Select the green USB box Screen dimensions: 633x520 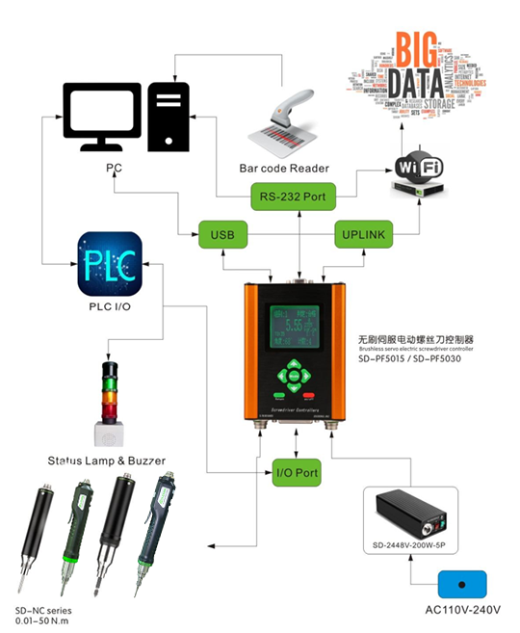tap(221, 234)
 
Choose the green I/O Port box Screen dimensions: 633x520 tap(296, 474)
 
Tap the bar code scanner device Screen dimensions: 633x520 tap(278, 121)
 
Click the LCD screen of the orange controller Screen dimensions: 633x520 tap(296, 332)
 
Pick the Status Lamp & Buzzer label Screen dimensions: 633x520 tap(105, 461)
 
